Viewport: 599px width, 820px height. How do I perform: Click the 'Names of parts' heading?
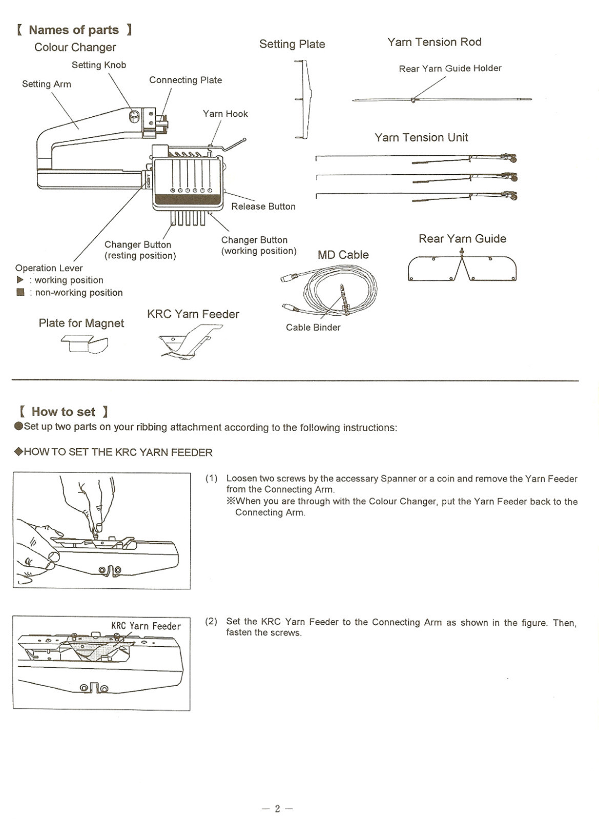tap(74, 30)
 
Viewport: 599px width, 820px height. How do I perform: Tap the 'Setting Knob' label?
tap(99, 65)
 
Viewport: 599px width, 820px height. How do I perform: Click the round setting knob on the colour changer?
tap(135, 117)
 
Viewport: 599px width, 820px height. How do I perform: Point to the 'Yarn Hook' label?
tap(225, 114)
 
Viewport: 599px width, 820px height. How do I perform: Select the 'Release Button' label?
tap(263, 207)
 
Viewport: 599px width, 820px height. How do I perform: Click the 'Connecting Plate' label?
tap(185, 80)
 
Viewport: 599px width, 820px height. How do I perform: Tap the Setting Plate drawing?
tap(303, 99)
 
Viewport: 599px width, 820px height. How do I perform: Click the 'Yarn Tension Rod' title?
tap(434, 42)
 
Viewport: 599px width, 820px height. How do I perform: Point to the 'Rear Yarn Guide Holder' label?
tap(450, 68)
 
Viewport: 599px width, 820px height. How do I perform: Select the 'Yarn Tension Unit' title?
tap(421, 137)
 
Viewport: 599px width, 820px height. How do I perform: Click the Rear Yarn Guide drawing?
tap(462, 268)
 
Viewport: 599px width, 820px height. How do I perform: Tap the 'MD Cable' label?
tap(343, 255)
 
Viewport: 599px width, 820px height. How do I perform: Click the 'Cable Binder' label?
tap(313, 327)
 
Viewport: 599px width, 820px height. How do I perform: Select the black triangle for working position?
tap(20, 280)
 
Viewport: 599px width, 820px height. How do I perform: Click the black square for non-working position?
tap(20, 292)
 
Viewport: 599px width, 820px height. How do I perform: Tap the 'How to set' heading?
tap(64, 412)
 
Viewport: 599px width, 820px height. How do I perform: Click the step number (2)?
tap(211, 622)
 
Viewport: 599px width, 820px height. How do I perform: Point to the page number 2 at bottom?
tap(277, 809)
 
